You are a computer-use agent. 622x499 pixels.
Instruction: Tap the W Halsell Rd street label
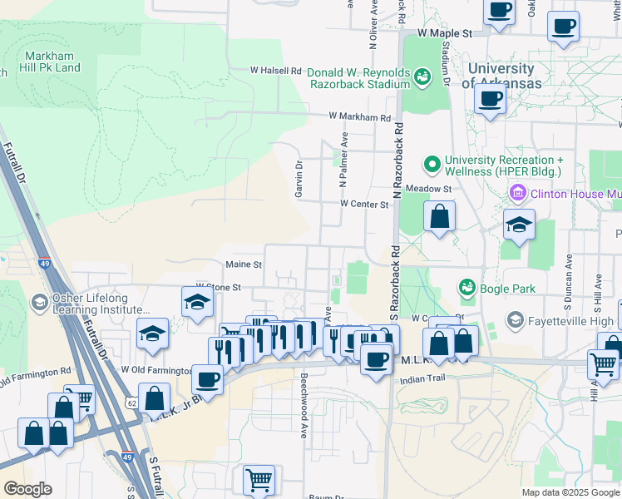(x=277, y=72)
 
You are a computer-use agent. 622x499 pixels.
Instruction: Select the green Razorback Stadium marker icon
(x=423, y=77)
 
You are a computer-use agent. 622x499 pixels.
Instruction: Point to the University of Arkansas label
(x=501, y=76)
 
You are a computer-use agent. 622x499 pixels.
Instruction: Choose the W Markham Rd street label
(x=359, y=117)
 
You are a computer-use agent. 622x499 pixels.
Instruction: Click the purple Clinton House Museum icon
(x=517, y=194)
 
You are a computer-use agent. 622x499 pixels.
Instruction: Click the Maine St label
(x=244, y=264)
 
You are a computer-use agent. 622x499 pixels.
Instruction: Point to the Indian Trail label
(x=423, y=379)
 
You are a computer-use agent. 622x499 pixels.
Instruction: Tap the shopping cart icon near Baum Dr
(x=259, y=479)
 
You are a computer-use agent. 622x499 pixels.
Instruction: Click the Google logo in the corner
(x=27, y=489)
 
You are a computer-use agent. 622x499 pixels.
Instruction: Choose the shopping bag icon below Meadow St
(x=439, y=219)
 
